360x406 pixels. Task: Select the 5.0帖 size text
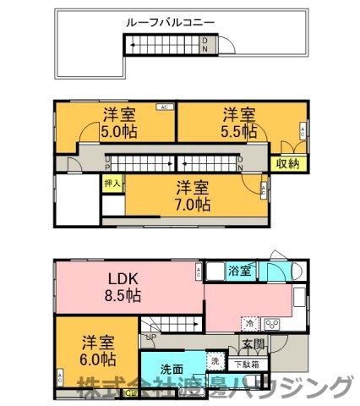pos(119,132)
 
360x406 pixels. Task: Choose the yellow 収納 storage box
pos(286,164)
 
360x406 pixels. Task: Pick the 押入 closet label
pos(112,182)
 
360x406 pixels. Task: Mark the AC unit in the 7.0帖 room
pos(264,191)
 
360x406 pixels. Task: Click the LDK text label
pos(122,278)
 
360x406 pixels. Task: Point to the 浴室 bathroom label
pos(240,271)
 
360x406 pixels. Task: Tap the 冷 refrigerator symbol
pos(249,323)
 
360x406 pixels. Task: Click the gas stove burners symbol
pos(273,323)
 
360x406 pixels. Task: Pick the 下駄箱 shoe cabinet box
pos(247,365)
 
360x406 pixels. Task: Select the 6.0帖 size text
pos(98,359)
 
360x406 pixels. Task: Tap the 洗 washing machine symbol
pos(215,362)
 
